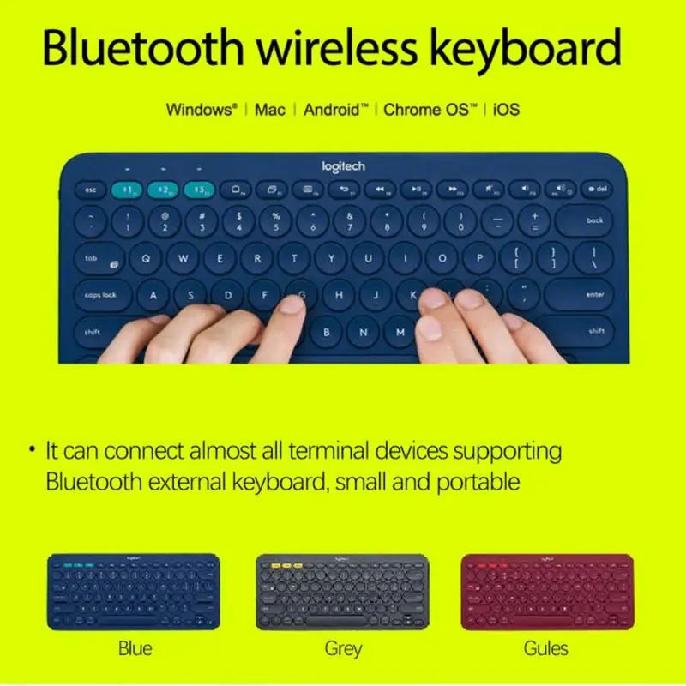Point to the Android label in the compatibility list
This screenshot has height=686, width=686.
pyautogui.click(x=335, y=110)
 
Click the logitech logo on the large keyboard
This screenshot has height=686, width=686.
pyautogui.click(x=343, y=166)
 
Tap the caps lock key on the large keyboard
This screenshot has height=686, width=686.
pyautogui.click(x=100, y=294)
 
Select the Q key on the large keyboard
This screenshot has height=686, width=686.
pyautogui.click(x=146, y=257)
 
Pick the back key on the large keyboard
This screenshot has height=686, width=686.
pyautogui.click(x=593, y=221)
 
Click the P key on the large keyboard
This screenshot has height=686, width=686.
pyautogui.click(x=478, y=257)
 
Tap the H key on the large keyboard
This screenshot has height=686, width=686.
pyautogui.click(x=339, y=294)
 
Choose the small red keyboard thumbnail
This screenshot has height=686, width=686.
pyautogui.click(x=547, y=591)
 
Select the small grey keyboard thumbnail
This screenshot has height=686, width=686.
pyautogui.click(x=342, y=591)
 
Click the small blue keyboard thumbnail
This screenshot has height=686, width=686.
pyautogui.click(x=134, y=591)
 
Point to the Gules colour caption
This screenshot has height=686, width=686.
pyautogui.click(x=545, y=648)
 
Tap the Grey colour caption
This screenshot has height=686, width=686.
pyautogui.click(x=342, y=648)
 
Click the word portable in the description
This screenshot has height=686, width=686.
pyautogui.click(x=478, y=481)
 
